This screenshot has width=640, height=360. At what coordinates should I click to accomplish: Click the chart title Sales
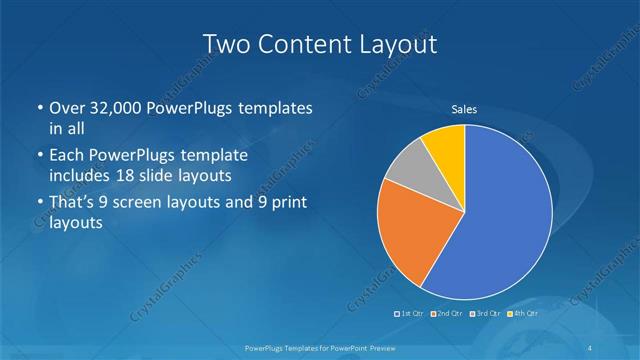tap(464, 109)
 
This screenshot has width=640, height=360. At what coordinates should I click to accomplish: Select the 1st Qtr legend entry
tap(412, 314)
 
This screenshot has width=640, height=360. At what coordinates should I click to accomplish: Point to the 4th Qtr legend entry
tap(525, 314)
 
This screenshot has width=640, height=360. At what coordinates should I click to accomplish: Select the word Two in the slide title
tap(225, 44)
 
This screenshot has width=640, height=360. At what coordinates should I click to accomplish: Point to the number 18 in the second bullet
tap(130, 176)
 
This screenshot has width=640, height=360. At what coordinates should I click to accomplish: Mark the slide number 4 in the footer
tap(596, 347)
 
